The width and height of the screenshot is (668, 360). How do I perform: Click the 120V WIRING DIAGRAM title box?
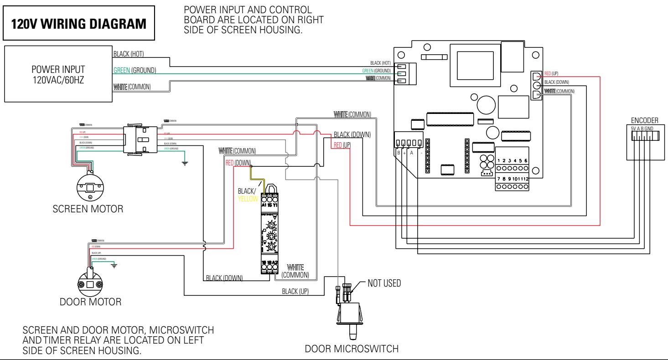80,24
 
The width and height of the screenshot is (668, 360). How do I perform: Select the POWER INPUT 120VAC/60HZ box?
57,73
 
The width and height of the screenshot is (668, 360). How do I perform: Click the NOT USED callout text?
383,283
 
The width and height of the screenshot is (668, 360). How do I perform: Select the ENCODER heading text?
644,120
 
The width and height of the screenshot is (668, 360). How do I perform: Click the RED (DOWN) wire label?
238,162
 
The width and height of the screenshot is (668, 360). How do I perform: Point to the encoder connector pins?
644,136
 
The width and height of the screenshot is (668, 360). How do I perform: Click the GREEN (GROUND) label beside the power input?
134,70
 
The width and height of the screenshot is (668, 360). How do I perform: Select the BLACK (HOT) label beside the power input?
128,54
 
